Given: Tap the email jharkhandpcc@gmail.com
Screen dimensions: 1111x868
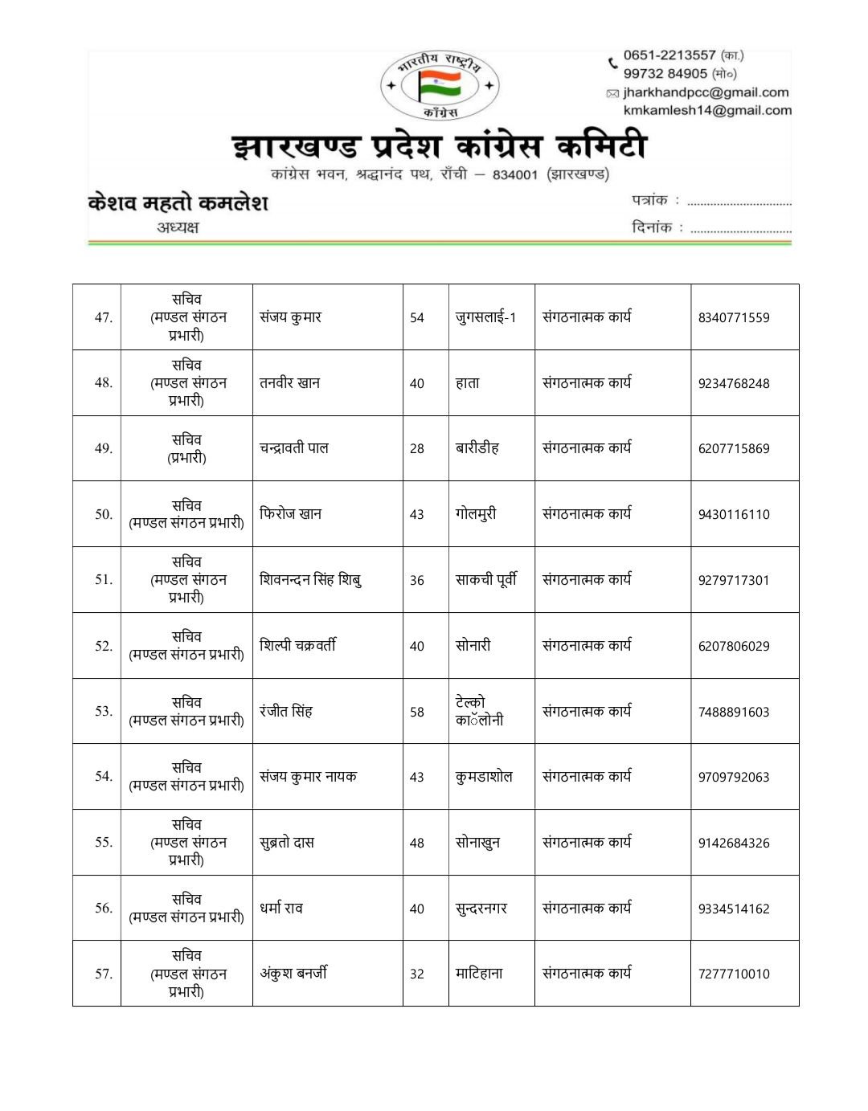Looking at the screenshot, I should (x=706, y=92).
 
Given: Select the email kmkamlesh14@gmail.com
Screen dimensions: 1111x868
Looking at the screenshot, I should (x=707, y=111).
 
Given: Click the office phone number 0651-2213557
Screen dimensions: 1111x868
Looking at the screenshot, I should (x=669, y=55).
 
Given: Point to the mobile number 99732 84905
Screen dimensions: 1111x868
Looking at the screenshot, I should (x=665, y=74).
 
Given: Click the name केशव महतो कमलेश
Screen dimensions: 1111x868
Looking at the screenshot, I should (x=178, y=202).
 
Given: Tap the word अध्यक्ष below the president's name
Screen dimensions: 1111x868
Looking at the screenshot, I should (x=178, y=227).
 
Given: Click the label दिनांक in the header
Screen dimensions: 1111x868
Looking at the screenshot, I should (x=651, y=227).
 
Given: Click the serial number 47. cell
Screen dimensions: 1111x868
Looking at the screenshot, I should (x=103, y=317).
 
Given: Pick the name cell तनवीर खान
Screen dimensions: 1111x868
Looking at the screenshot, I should (x=289, y=383).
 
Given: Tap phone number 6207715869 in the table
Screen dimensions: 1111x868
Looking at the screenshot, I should (x=733, y=449).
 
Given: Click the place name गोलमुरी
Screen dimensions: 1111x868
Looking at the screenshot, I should (x=476, y=514).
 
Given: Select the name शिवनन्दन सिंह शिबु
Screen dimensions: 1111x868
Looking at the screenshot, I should (x=310, y=580).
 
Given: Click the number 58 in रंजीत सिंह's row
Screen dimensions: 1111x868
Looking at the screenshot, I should (x=416, y=712).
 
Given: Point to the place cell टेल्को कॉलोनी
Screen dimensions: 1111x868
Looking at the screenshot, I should (x=479, y=712).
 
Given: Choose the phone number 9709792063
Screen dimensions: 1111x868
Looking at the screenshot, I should (x=733, y=778).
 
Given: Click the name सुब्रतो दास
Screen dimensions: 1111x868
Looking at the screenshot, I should (x=286, y=843).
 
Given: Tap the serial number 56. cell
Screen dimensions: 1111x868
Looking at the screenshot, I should (x=103, y=909).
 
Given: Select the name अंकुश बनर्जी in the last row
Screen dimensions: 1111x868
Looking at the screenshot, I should (x=293, y=974).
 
